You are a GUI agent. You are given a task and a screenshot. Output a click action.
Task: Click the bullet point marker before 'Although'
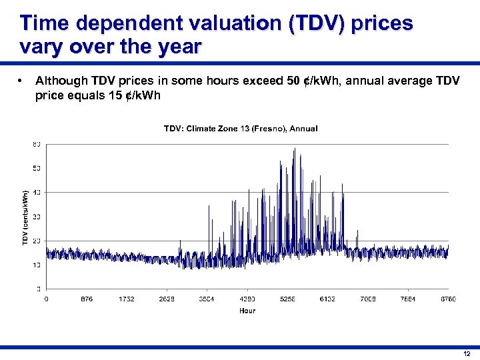click(x=22, y=81)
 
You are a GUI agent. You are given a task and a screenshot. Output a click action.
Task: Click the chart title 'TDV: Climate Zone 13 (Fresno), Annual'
click(x=240, y=128)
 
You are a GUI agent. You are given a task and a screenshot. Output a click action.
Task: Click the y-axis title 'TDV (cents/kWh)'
click(x=25, y=216)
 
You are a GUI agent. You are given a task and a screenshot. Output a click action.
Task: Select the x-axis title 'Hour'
click(x=247, y=310)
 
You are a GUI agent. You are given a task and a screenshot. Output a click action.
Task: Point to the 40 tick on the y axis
click(x=36, y=192)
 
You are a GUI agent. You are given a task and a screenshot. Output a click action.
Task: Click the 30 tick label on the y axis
click(x=36, y=217)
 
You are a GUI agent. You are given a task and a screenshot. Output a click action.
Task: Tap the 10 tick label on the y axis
click(x=36, y=265)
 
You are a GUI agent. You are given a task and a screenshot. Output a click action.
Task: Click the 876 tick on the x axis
click(x=86, y=299)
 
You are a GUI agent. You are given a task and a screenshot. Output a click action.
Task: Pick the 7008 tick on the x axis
click(x=367, y=299)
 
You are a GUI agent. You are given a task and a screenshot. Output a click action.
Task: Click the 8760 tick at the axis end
click(x=448, y=299)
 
